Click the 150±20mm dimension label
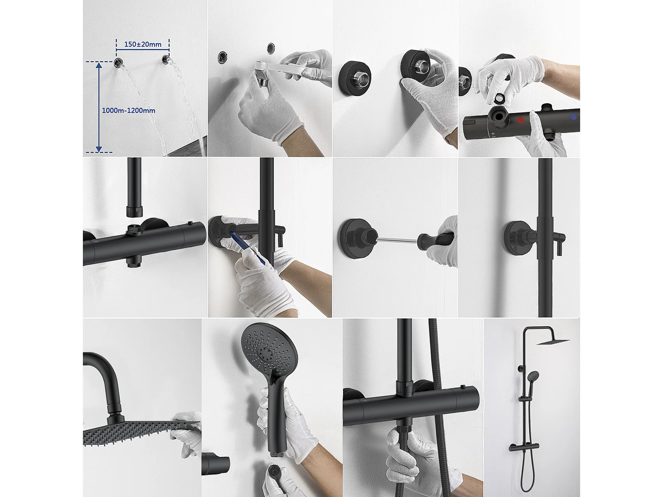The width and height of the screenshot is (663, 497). (x=143, y=44)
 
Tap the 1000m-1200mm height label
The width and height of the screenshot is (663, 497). (x=128, y=111)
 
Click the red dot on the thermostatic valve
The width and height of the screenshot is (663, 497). (x=520, y=120)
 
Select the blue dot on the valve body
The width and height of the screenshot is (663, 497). (x=573, y=117)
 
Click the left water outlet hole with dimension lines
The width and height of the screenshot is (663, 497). (x=118, y=63)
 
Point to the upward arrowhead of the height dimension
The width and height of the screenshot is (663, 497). (x=99, y=65)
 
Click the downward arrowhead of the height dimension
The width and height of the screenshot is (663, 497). (x=99, y=149)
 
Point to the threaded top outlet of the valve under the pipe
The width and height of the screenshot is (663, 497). (x=134, y=229)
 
